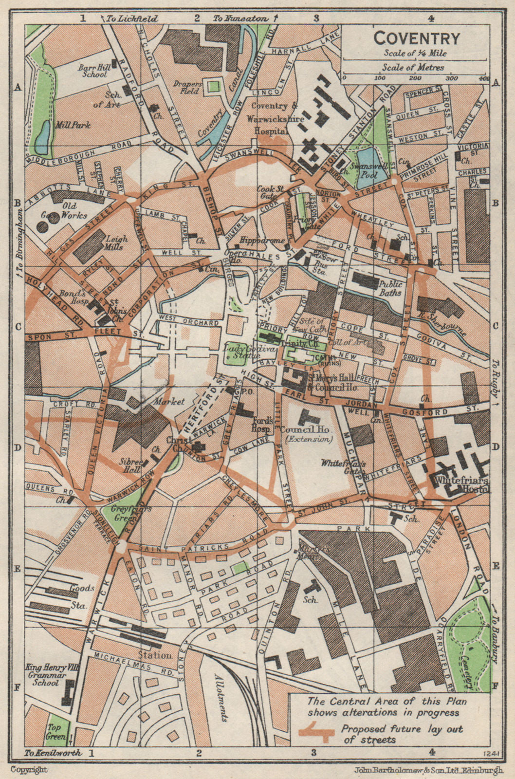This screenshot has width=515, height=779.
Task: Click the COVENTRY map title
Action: (417, 38)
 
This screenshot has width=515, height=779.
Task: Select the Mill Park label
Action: (74, 125)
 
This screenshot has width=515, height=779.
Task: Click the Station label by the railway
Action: (155, 655)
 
